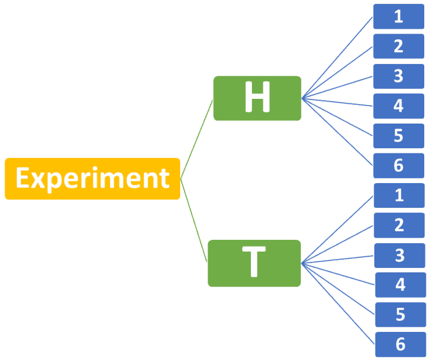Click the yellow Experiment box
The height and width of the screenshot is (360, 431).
[92, 179]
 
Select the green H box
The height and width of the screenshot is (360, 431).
[257, 98]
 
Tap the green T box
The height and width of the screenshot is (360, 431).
[254, 263]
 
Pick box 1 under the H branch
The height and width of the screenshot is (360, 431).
[398, 16]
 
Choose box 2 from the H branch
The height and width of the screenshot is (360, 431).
[398, 46]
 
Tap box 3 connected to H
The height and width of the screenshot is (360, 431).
[398, 76]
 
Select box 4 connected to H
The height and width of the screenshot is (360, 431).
[398, 106]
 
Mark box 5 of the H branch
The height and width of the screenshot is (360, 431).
[398, 135]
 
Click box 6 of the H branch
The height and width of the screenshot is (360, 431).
[398, 166]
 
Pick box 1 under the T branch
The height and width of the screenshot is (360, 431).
[399, 195]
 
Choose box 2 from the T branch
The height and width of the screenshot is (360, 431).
[399, 225]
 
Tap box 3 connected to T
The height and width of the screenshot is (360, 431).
[400, 256]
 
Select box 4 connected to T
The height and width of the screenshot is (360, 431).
[400, 285]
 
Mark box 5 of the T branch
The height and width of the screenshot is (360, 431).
[400, 315]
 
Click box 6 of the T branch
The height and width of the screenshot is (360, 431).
[400, 344]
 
